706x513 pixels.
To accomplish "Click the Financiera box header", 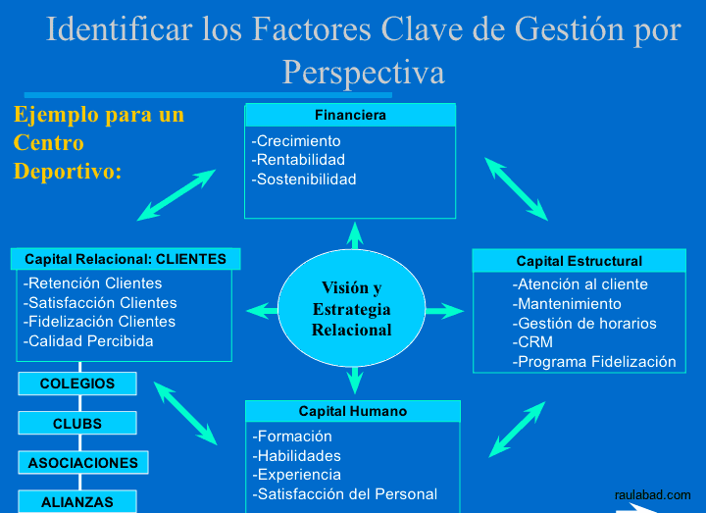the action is [350, 115].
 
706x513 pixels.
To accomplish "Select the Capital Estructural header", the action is [579, 261].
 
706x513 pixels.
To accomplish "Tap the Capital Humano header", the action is [352, 411].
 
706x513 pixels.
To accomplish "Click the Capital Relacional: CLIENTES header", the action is [126, 259].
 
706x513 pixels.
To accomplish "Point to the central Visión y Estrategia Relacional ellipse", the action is [351, 309].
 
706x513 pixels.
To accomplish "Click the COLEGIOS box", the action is [77, 384].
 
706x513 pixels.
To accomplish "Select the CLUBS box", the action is [77, 424].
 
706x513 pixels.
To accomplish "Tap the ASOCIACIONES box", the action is [83, 462].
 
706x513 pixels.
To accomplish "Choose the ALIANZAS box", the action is [77, 501].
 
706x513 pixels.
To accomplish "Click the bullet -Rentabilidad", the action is [299, 160].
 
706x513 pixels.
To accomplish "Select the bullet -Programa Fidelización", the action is [594, 362].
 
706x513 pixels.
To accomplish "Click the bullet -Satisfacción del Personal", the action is [345, 494].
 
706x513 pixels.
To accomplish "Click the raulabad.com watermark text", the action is [652, 495].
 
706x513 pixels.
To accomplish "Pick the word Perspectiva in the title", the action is [363, 72].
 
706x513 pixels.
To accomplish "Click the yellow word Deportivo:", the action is [68, 171].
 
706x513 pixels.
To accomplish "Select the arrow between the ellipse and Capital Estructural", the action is [444, 311].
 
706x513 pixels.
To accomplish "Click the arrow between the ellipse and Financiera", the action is [355, 235].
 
